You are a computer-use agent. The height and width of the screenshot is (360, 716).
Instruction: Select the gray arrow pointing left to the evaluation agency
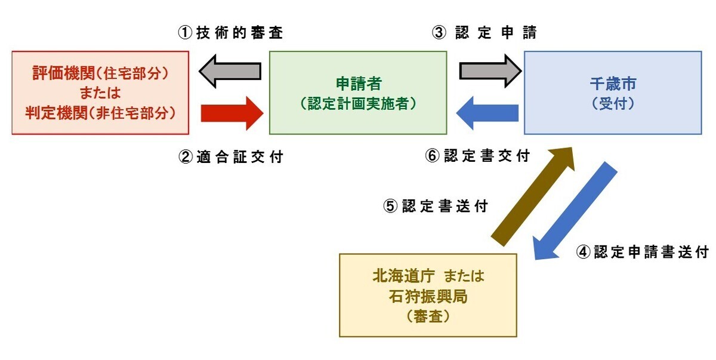point(229,71)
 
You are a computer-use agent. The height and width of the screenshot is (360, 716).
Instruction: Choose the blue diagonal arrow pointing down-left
point(574,212)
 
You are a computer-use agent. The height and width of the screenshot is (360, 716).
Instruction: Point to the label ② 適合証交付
point(232,157)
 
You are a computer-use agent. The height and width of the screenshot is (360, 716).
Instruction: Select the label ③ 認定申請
point(484,33)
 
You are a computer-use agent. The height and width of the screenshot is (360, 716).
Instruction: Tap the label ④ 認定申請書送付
point(642,252)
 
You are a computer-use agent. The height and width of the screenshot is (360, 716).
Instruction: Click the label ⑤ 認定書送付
point(436,207)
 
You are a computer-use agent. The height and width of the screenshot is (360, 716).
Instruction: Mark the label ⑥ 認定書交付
point(477,156)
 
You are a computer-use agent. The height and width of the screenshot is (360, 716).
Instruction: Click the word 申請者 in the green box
point(358,84)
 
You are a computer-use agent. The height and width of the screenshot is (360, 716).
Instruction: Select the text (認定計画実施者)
point(358,103)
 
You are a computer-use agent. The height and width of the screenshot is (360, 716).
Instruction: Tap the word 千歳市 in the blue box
point(613,84)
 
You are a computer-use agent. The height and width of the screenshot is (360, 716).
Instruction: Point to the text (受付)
point(613,103)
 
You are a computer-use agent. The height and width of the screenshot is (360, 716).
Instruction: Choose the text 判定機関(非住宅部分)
point(101,112)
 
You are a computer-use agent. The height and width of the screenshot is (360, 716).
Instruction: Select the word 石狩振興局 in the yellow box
point(428,297)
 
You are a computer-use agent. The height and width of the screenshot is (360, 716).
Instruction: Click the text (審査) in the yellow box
point(428,316)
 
